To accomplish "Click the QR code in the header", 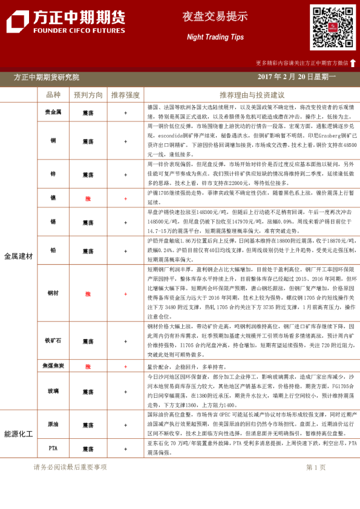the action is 333,27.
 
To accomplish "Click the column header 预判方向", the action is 88,95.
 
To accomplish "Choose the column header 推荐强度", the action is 125,95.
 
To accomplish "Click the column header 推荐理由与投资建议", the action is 252,95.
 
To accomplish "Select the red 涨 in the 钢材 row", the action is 88,293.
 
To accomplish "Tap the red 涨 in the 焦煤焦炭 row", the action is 88,366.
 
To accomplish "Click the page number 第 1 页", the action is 316,467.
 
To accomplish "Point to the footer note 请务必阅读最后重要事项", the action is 70,467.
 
